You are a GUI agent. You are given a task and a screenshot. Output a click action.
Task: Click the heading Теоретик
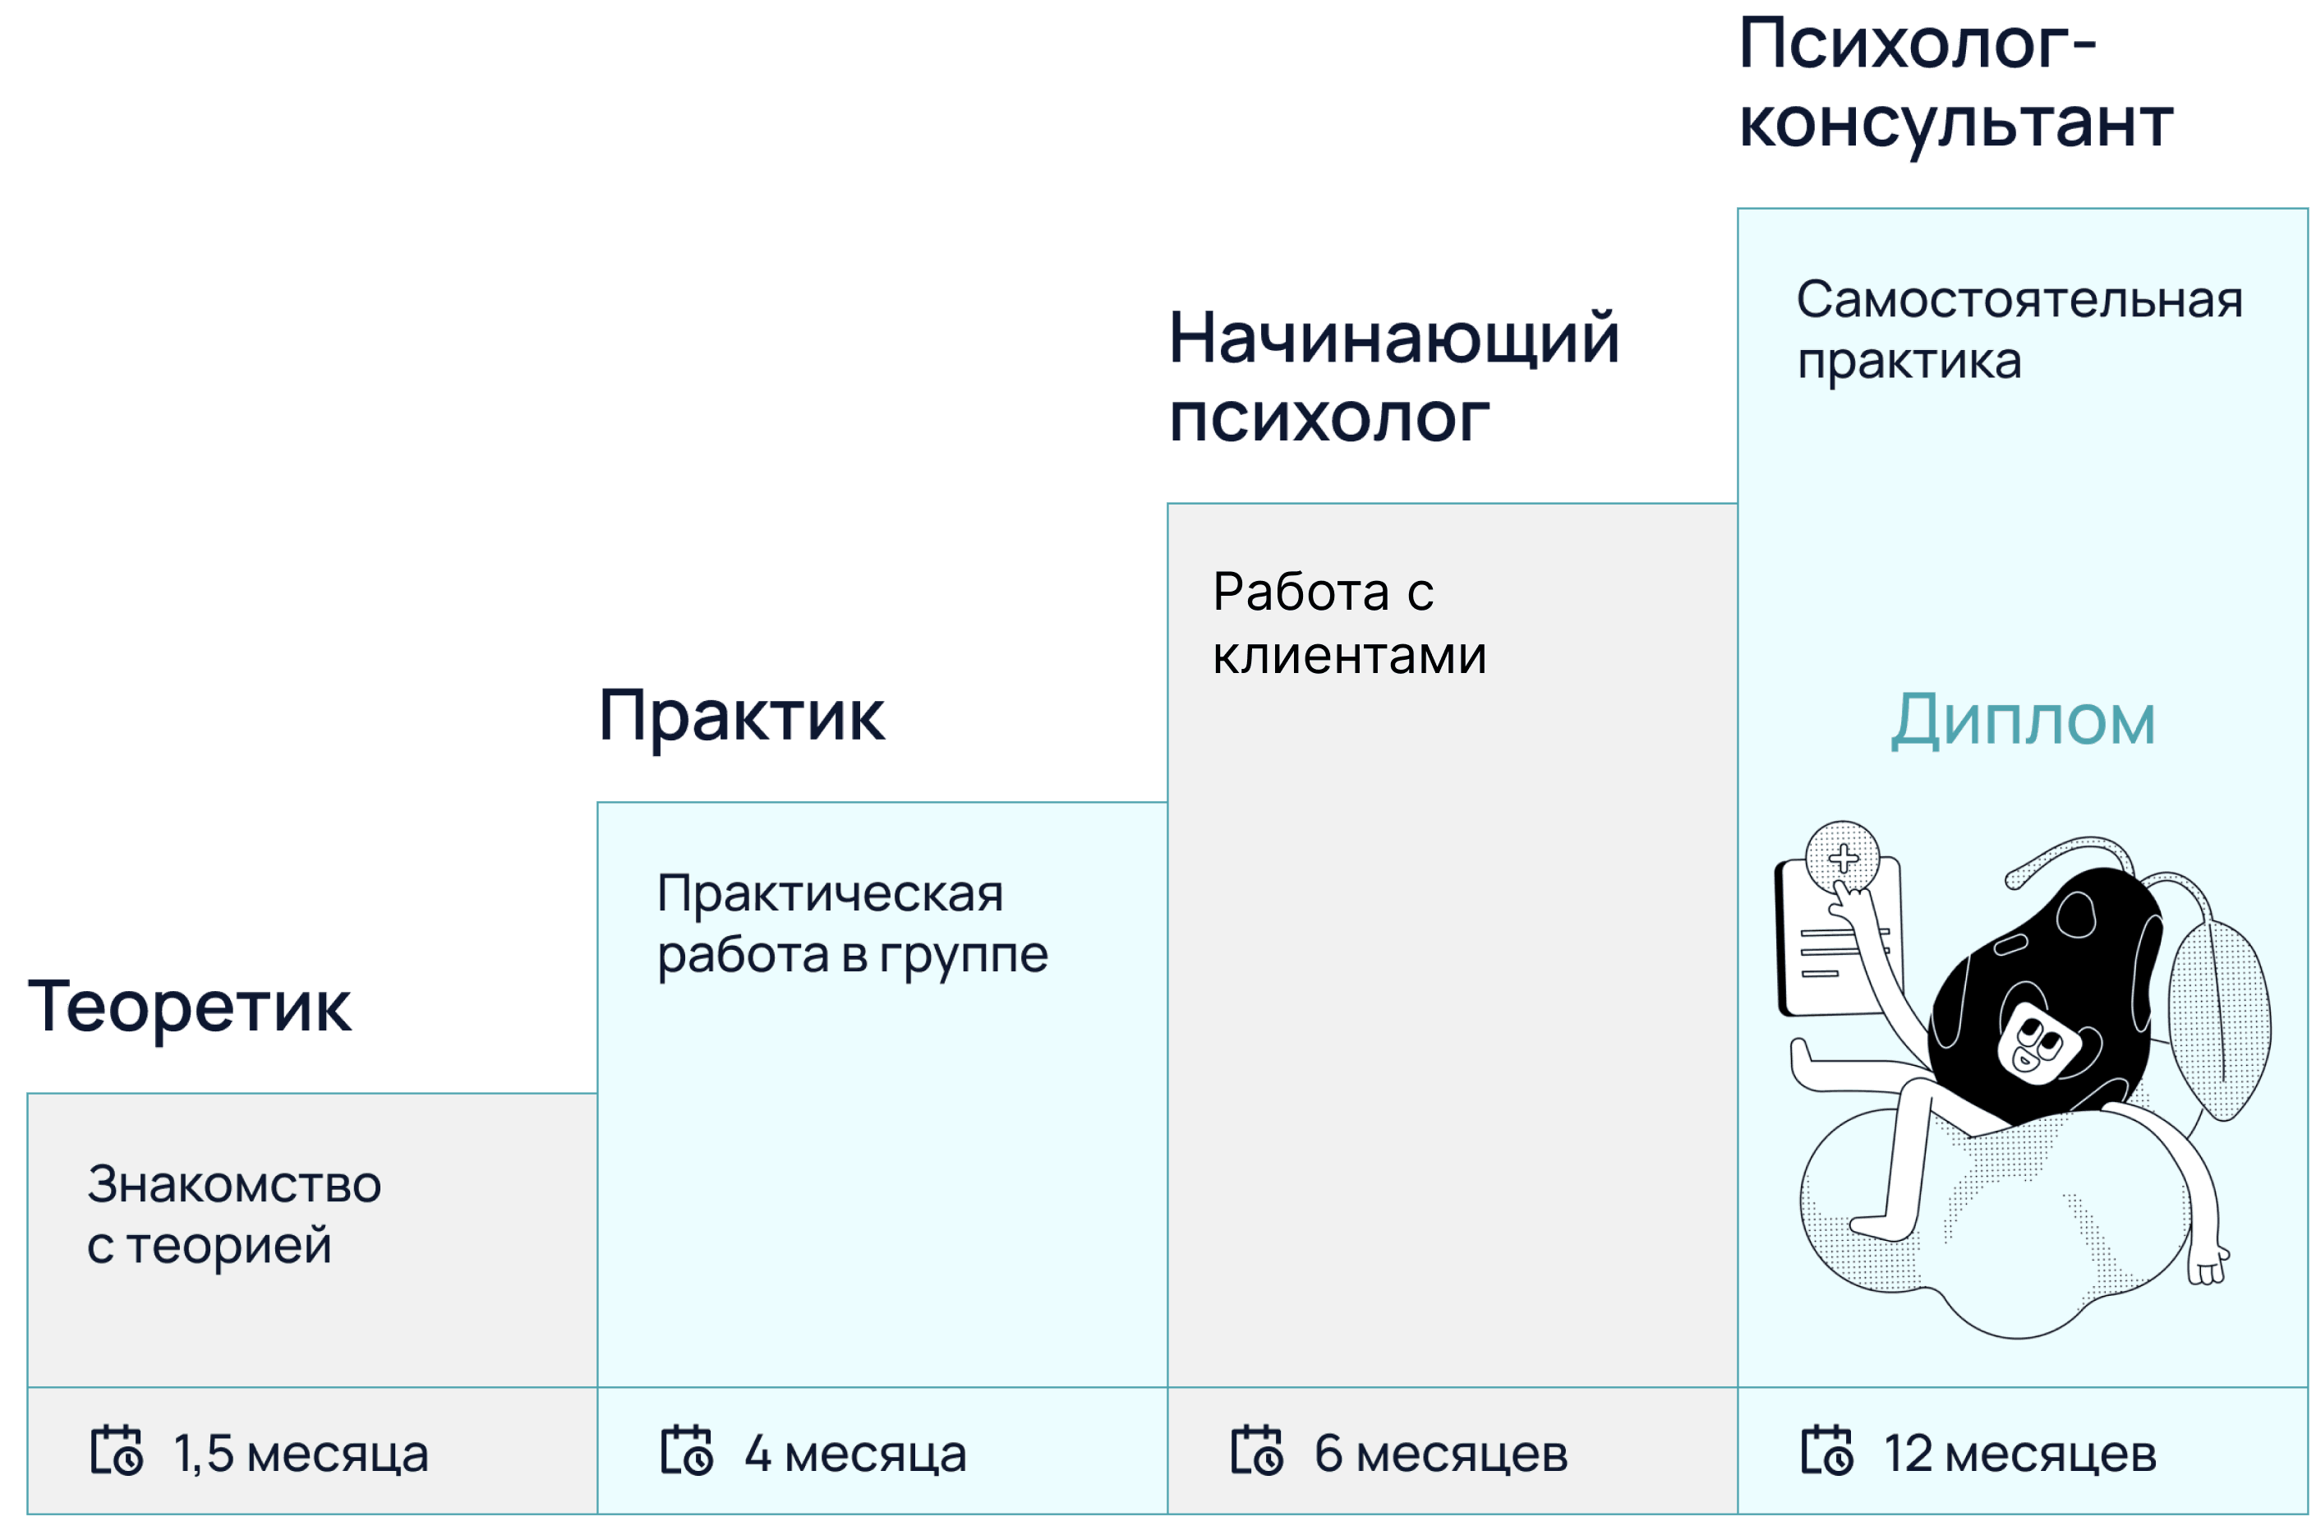click(189, 1007)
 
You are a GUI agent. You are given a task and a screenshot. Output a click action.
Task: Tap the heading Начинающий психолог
click(1393, 378)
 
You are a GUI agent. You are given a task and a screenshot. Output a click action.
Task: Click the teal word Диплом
click(2023, 722)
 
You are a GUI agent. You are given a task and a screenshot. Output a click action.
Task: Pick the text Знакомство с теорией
click(233, 1215)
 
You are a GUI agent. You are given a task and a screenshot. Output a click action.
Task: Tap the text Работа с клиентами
click(1349, 624)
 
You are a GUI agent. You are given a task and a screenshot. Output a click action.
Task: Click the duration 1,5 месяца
click(301, 1454)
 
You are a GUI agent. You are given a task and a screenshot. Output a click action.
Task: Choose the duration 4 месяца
click(855, 1454)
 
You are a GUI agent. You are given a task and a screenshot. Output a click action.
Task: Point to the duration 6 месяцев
click(1441, 1454)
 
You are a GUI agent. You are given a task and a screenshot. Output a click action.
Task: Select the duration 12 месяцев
click(2020, 1454)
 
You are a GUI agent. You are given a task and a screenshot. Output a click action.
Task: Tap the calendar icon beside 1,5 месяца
click(117, 1451)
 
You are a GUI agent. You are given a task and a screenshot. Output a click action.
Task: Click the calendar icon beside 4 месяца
click(687, 1451)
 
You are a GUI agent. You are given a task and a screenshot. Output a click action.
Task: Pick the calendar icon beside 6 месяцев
click(1257, 1451)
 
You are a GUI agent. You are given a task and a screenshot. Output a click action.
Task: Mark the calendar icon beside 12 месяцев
click(1826, 1451)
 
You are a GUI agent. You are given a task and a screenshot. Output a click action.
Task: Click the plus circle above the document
click(1843, 857)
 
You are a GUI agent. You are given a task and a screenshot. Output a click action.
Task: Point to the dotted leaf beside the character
click(2220, 1022)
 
